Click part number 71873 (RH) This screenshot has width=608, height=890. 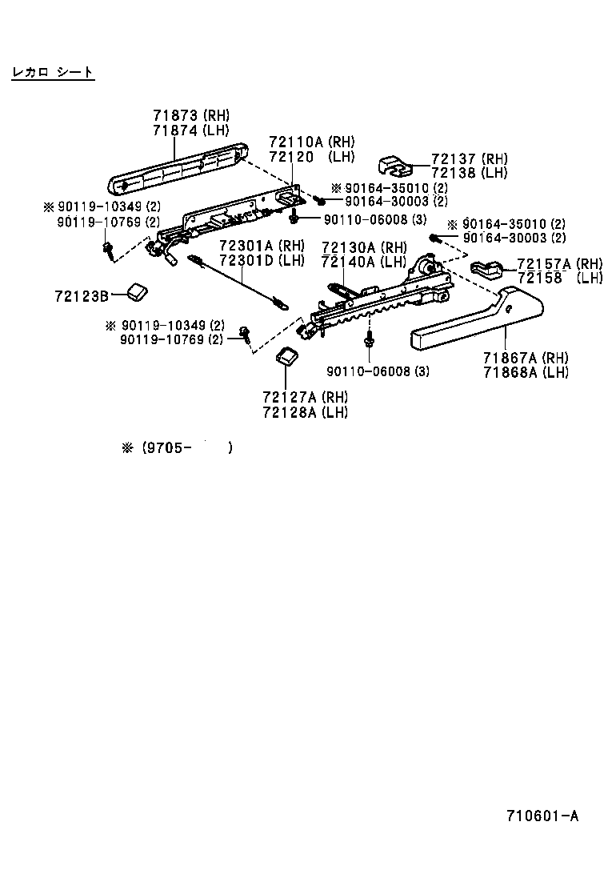[x=190, y=116]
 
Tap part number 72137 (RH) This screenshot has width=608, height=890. [x=469, y=159]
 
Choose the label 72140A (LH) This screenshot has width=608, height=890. [x=364, y=261]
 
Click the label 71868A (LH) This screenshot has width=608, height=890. [x=525, y=372]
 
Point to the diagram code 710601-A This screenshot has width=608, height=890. [x=542, y=816]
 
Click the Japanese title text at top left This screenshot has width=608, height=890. [x=53, y=73]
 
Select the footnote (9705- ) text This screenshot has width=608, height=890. [x=177, y=448]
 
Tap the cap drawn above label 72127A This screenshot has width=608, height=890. [x=286, y=356]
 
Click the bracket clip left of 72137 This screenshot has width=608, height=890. [x=394, y=166]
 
